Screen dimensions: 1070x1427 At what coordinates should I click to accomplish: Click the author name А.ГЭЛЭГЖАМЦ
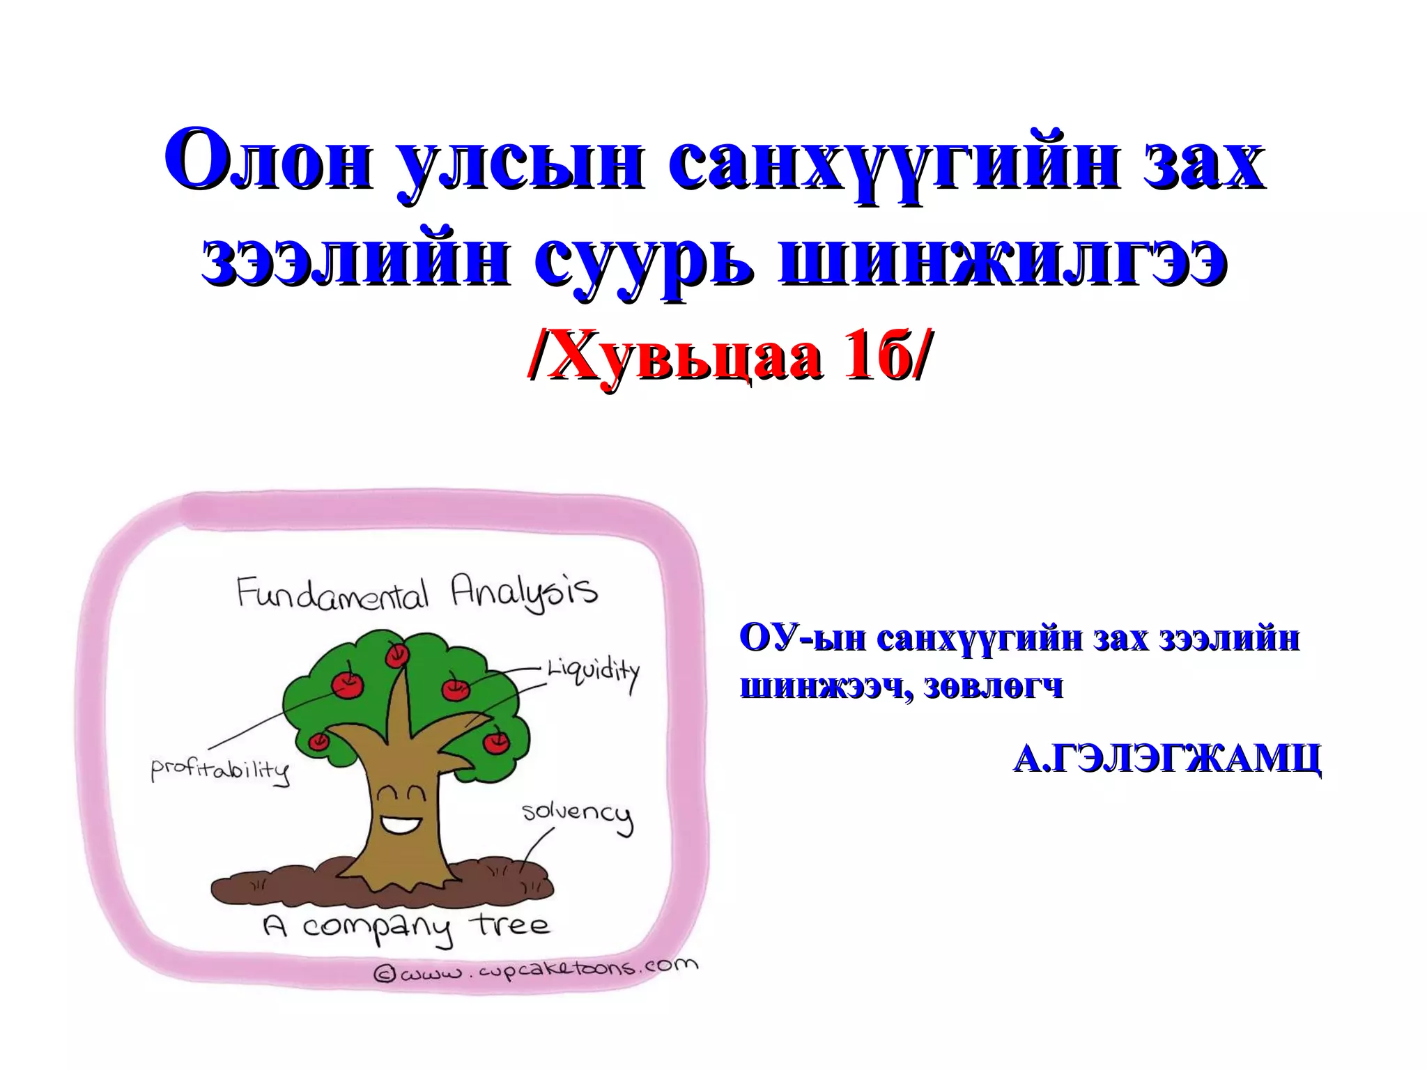tap(1166, 759)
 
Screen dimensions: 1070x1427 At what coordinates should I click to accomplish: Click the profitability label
tap(220, 770)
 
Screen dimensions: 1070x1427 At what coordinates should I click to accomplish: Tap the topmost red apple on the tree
tap(398, 653)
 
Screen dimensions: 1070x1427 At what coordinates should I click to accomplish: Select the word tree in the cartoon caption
tap(512, 925)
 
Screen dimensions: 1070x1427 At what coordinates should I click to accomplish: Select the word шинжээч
tap(825, 687)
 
